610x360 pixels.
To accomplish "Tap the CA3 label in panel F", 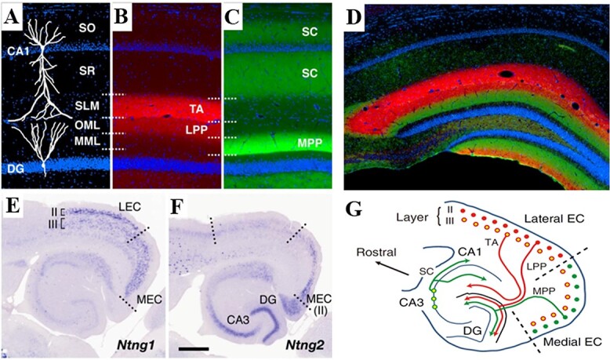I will pyautogui.click(x=216, y=319).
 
